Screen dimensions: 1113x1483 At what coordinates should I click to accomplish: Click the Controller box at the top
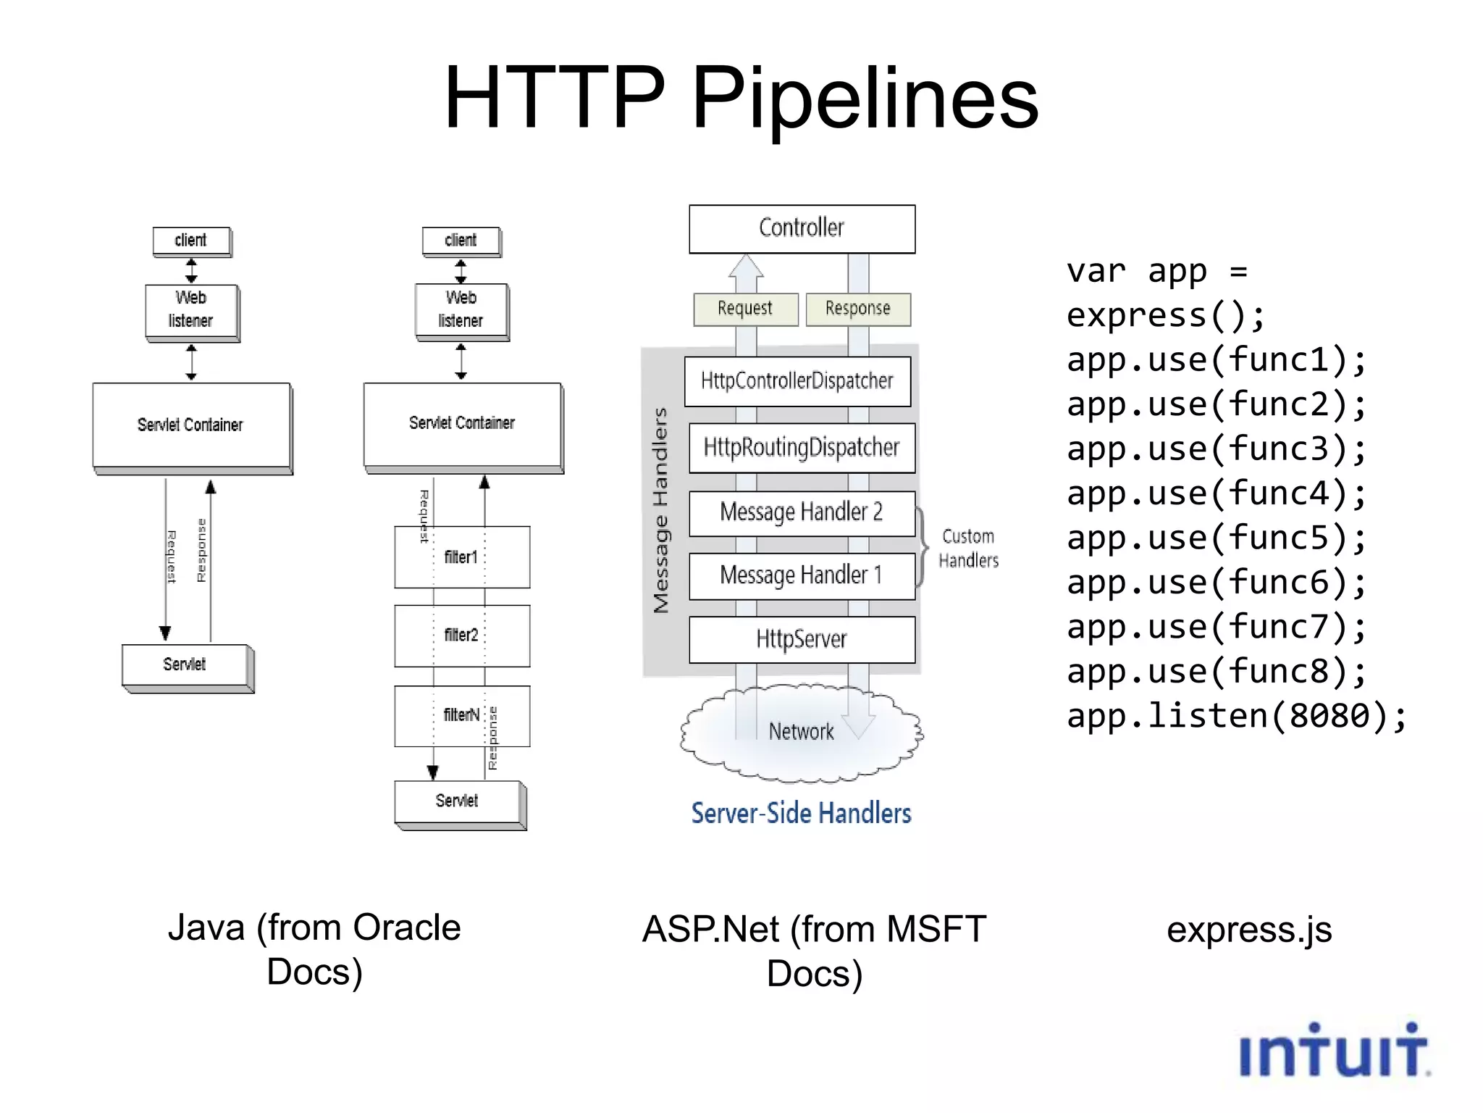[x=802, y=228]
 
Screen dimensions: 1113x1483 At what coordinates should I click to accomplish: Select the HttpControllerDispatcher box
[x=797, y=381]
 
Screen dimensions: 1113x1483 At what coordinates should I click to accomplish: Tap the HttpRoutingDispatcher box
[x=802, y=448]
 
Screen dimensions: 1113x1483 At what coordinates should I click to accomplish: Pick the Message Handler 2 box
[x=802, y=513]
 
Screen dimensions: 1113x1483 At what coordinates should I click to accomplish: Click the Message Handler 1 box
[x=802, y=576]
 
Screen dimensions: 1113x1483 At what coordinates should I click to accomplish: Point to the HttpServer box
[x=802, y=639]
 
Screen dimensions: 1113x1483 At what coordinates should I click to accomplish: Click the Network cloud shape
[x=802, y=732]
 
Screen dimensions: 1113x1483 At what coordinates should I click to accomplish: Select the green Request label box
[x=745, y=309]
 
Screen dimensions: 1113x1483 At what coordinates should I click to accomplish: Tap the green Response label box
[x=858, y=309]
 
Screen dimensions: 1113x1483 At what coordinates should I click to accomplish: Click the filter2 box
[x=462, y=635]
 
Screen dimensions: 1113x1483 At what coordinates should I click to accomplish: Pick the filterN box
[x=462, y=716]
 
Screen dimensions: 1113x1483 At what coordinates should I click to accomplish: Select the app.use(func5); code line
[x=1217, y=538]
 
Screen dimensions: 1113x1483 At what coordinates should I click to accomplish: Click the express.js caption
[x=1249, y=930]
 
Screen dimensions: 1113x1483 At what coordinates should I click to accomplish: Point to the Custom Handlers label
[x=968, y=549]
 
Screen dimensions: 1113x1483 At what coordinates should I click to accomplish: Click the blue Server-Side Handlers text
[x=801, y=814]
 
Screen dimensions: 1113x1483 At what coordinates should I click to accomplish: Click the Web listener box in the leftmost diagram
[x=191, y=310]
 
